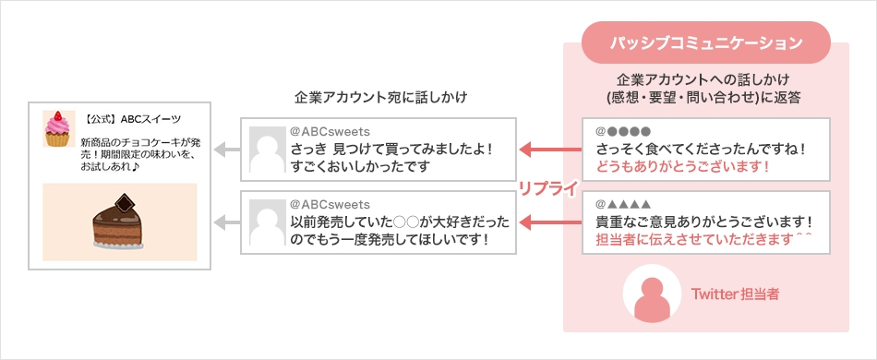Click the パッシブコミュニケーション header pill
click(x=707, y=42)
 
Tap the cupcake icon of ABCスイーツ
click(x=58, y=128)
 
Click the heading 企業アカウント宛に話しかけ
click(x=381, y=96)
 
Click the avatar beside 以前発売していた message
click(x=265, y=222)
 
